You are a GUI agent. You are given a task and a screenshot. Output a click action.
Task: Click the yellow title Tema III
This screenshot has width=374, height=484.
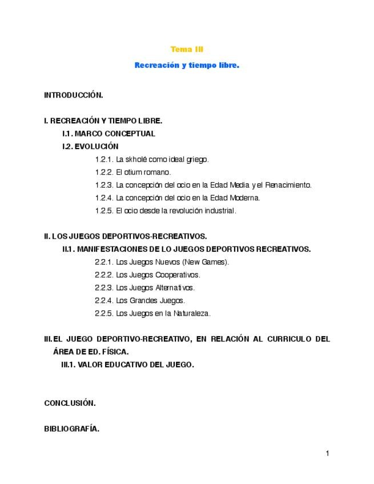(187, 50)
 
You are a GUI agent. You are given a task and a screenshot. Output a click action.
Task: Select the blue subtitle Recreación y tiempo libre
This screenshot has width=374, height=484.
(187, 66)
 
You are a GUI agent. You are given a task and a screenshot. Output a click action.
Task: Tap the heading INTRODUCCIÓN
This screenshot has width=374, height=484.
(73, 95)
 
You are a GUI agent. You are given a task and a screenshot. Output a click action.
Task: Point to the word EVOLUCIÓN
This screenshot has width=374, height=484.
(96, 147)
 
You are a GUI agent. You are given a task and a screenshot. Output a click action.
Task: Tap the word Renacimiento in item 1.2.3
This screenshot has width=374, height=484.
(288, 185)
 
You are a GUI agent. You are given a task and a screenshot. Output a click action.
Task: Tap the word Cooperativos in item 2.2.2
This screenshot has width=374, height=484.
(178, 275)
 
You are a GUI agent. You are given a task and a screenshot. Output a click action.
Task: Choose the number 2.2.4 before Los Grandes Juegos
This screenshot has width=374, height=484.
(104, 300)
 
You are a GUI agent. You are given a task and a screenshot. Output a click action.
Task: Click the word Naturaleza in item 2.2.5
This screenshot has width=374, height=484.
(193, 313)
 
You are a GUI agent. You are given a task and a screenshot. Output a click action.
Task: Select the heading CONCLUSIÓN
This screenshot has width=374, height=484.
(70, 403)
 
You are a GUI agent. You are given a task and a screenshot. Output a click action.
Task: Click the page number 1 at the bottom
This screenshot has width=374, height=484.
(328, 454)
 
